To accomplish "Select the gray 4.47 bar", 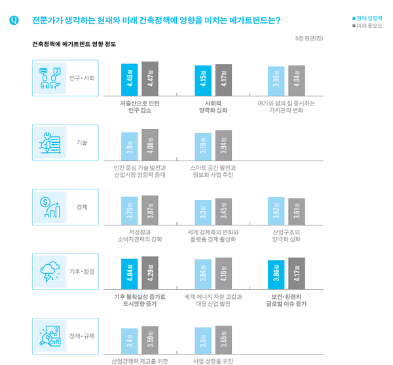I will pyautogui.click(x=150, y=79).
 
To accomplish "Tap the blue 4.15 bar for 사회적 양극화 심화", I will pyautogui.click(x=203, y=81).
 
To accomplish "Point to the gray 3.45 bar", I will pyautogui.click(x=223, y=212).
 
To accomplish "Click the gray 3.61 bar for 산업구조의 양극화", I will pyautogui.click(x=297, y=212).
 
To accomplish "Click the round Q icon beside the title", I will pyautogui.click(x=14, y=20).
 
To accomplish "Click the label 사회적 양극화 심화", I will pyautogui.click(x=214, y=106).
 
